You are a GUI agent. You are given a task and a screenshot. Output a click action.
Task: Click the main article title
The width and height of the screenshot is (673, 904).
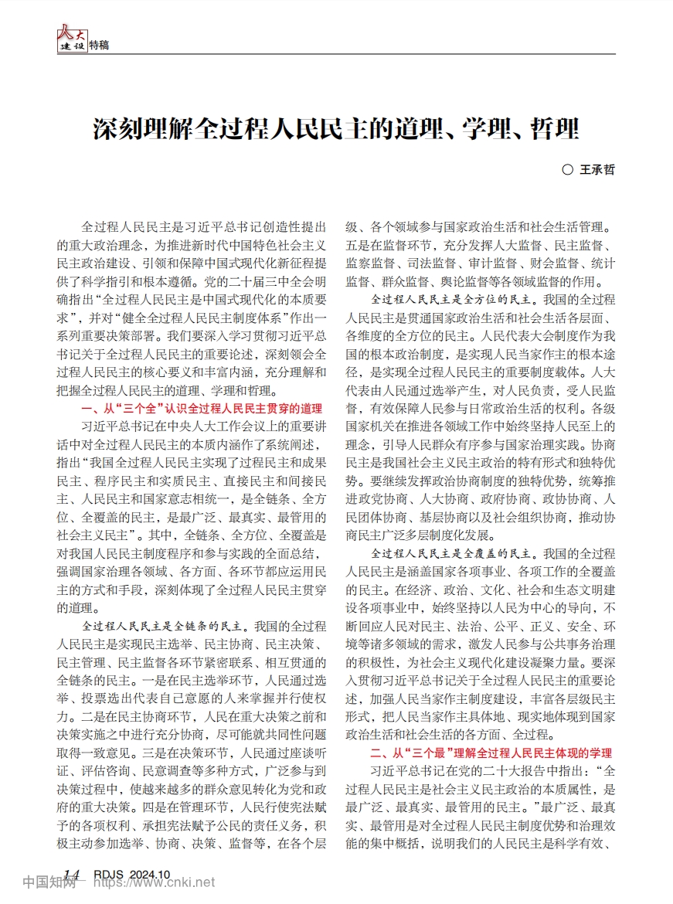tap(336, 128)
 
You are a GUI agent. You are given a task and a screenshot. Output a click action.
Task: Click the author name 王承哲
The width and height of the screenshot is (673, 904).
tap(597, 170)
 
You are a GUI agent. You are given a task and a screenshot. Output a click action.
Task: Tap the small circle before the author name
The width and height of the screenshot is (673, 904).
tap(566, 170)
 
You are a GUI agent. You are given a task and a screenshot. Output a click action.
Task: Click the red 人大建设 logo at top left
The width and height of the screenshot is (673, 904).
tap(72, 39)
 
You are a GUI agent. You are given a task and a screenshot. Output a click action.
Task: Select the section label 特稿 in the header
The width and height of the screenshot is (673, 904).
tap(99, 45)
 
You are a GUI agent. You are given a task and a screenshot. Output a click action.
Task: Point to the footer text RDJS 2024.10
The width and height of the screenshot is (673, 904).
tap(131, 874)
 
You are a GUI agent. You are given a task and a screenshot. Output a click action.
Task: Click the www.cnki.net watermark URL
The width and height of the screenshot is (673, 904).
tap(173, 882)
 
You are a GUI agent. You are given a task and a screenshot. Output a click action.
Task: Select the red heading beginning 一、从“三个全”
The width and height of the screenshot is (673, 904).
tap(201, 408)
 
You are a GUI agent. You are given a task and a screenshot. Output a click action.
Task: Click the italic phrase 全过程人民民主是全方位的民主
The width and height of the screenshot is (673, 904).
tap(455, 298)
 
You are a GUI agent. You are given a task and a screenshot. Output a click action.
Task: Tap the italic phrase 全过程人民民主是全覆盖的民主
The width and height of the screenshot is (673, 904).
tap(455, 554)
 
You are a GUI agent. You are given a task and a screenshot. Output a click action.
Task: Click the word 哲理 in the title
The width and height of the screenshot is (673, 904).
tap(555, 128)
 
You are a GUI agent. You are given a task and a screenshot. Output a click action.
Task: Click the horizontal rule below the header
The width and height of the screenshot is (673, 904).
tap(336, 54)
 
